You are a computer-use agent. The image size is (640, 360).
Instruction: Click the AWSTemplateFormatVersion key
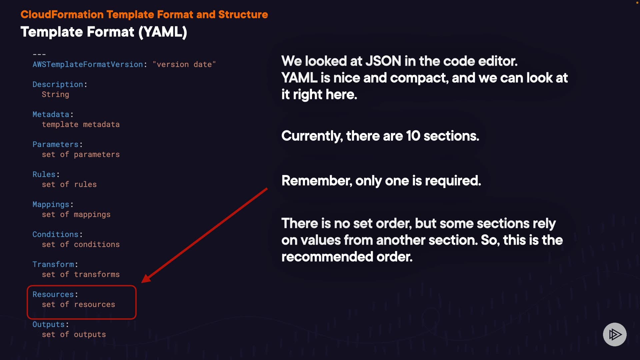tap(88, 64)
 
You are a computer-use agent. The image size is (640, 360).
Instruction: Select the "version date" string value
tap(184, 64)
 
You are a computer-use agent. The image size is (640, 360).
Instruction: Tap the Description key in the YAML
tap(58, 84)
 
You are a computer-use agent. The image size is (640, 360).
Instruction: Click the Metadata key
tap(51, 114)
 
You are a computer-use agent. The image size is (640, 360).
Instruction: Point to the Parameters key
tap(55, 144)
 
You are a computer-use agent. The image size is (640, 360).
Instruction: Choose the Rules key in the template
tap(44, 174)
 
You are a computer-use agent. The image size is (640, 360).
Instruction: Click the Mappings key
tap(51, 204)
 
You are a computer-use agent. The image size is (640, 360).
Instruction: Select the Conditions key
tap(55, 234)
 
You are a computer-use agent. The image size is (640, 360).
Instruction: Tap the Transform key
tap(53, 264)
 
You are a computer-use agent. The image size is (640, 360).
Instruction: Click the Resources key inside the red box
tap(53, 294)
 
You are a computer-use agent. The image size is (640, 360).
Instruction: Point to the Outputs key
tap(48, 324)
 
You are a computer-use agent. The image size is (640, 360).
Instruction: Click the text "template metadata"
tap(81, 124)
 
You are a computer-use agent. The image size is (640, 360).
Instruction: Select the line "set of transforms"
tap(81, 274)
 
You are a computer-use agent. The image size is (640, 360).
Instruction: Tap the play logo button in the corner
tap(615, 334)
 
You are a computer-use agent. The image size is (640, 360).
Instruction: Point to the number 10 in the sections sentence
tap(413, 136)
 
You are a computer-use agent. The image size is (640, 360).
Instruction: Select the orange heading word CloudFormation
tap(62, 15)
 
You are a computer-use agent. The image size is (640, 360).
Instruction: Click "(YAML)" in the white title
tap(163, 32)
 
